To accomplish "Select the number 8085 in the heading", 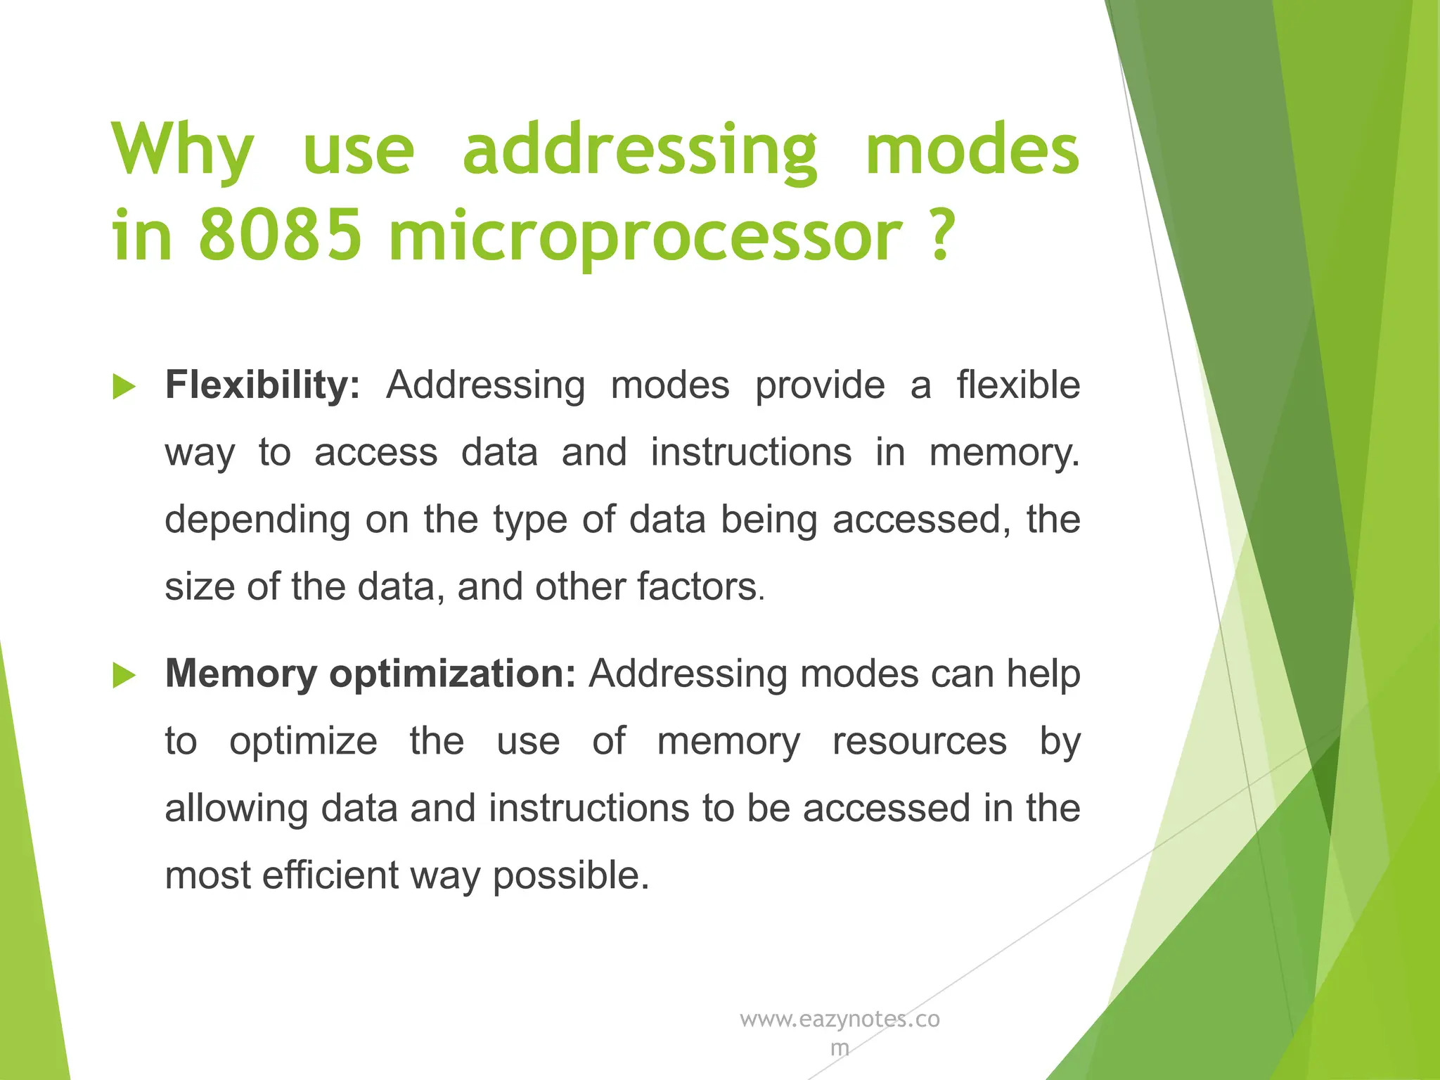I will pos(280,235).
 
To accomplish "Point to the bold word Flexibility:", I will pos(262,385).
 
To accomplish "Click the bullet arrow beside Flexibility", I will pos(124,387).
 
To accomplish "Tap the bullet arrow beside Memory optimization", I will pos(124,676).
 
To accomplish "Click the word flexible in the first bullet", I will pos(1017,385).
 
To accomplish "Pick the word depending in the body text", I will pos(257,521).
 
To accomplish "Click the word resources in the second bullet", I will pos(920,742).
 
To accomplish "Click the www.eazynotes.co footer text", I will pos(840,1020).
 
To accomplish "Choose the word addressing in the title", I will pos(640,150).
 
